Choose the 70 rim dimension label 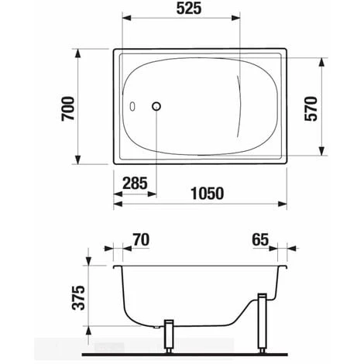coord(141,240)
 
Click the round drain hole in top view coord(157,107)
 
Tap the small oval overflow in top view coord(132,108)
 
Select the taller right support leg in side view coord(262,321)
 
